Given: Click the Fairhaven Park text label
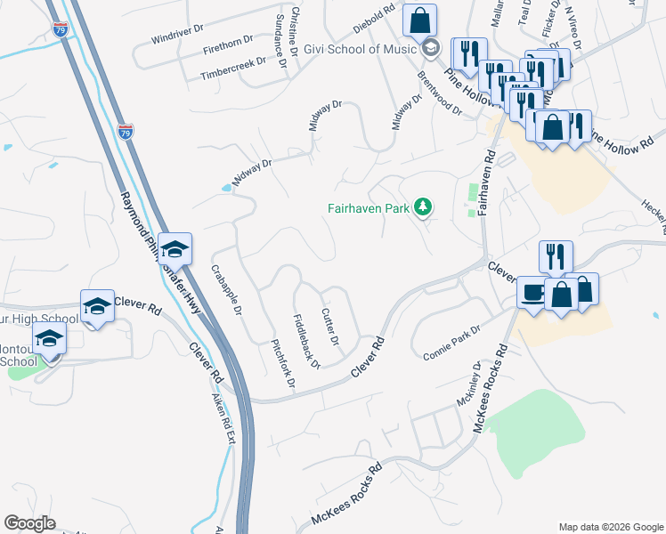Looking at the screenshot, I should pos(366,208).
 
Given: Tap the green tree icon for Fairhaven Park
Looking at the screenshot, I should pos(424,208).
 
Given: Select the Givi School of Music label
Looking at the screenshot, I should pos(360,48).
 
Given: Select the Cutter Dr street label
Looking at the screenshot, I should pos(329,327).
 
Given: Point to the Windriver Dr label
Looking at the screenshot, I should pos(177,38).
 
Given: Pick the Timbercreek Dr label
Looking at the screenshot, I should pos(233,69).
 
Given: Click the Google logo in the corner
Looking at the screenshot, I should pos(29,523).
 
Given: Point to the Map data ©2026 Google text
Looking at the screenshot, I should pos(610,527).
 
